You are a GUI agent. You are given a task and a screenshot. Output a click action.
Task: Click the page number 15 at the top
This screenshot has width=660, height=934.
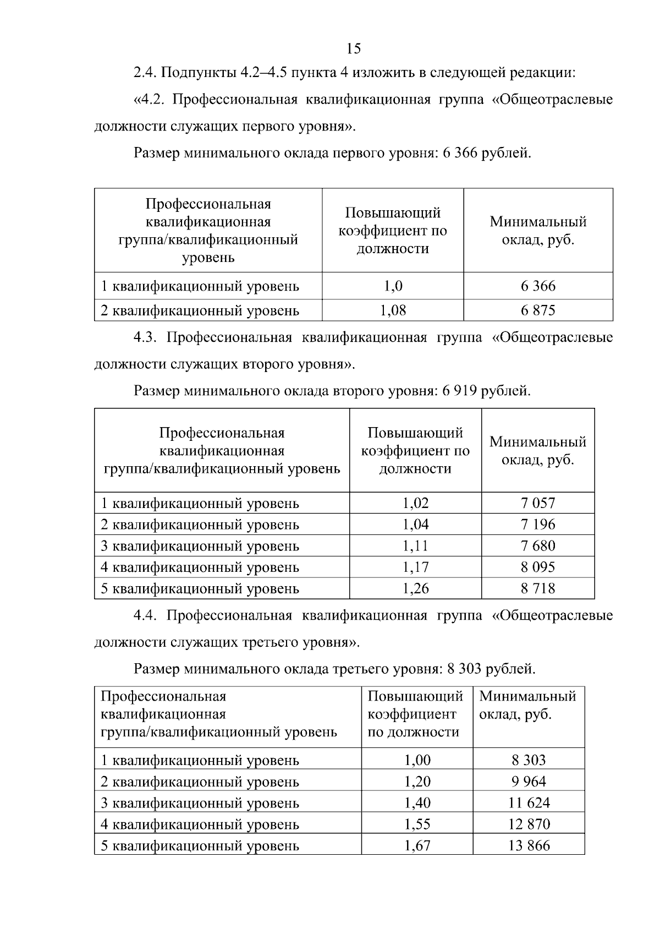(354, 48)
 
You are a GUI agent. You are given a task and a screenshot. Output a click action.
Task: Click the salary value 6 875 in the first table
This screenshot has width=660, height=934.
(538, 310)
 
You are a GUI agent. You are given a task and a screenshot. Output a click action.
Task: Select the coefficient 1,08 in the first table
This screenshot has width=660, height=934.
(393, 310)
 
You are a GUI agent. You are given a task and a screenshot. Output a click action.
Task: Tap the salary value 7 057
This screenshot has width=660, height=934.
(538, 503)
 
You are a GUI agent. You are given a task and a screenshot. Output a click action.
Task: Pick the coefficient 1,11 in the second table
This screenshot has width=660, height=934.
(415, 546)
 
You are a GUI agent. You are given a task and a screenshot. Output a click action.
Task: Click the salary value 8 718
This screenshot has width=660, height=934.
(538, 588)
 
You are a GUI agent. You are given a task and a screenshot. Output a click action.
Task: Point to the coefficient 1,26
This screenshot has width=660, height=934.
(415, 588)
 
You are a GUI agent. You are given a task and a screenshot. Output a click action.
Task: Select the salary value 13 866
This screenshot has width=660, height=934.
(529, 845)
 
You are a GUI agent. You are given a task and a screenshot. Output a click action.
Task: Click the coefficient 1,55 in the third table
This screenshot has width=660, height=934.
(417, 824)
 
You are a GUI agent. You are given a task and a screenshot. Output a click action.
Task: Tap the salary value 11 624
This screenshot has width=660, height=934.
(529, 803)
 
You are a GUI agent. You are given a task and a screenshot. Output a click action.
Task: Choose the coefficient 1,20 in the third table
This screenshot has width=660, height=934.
(417, 782)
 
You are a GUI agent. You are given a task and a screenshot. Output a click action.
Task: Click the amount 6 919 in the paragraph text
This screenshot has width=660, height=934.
(459, 391)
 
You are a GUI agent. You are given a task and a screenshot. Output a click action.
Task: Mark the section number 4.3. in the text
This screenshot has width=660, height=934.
(146, 337)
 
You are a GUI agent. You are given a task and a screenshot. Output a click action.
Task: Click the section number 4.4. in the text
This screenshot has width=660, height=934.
(146, 615)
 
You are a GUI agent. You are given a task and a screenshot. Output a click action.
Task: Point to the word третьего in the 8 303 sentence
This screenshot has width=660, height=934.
(361, 669)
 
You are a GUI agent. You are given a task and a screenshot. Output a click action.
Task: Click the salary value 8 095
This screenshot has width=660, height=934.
(538, 567)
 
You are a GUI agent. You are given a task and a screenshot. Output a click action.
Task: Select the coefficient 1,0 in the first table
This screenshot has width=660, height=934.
(393, 286)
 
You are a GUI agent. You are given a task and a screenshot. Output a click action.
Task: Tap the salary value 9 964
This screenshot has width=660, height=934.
(529, 782)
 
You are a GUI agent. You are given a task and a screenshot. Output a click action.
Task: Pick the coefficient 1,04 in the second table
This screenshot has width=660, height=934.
(415, 525)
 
